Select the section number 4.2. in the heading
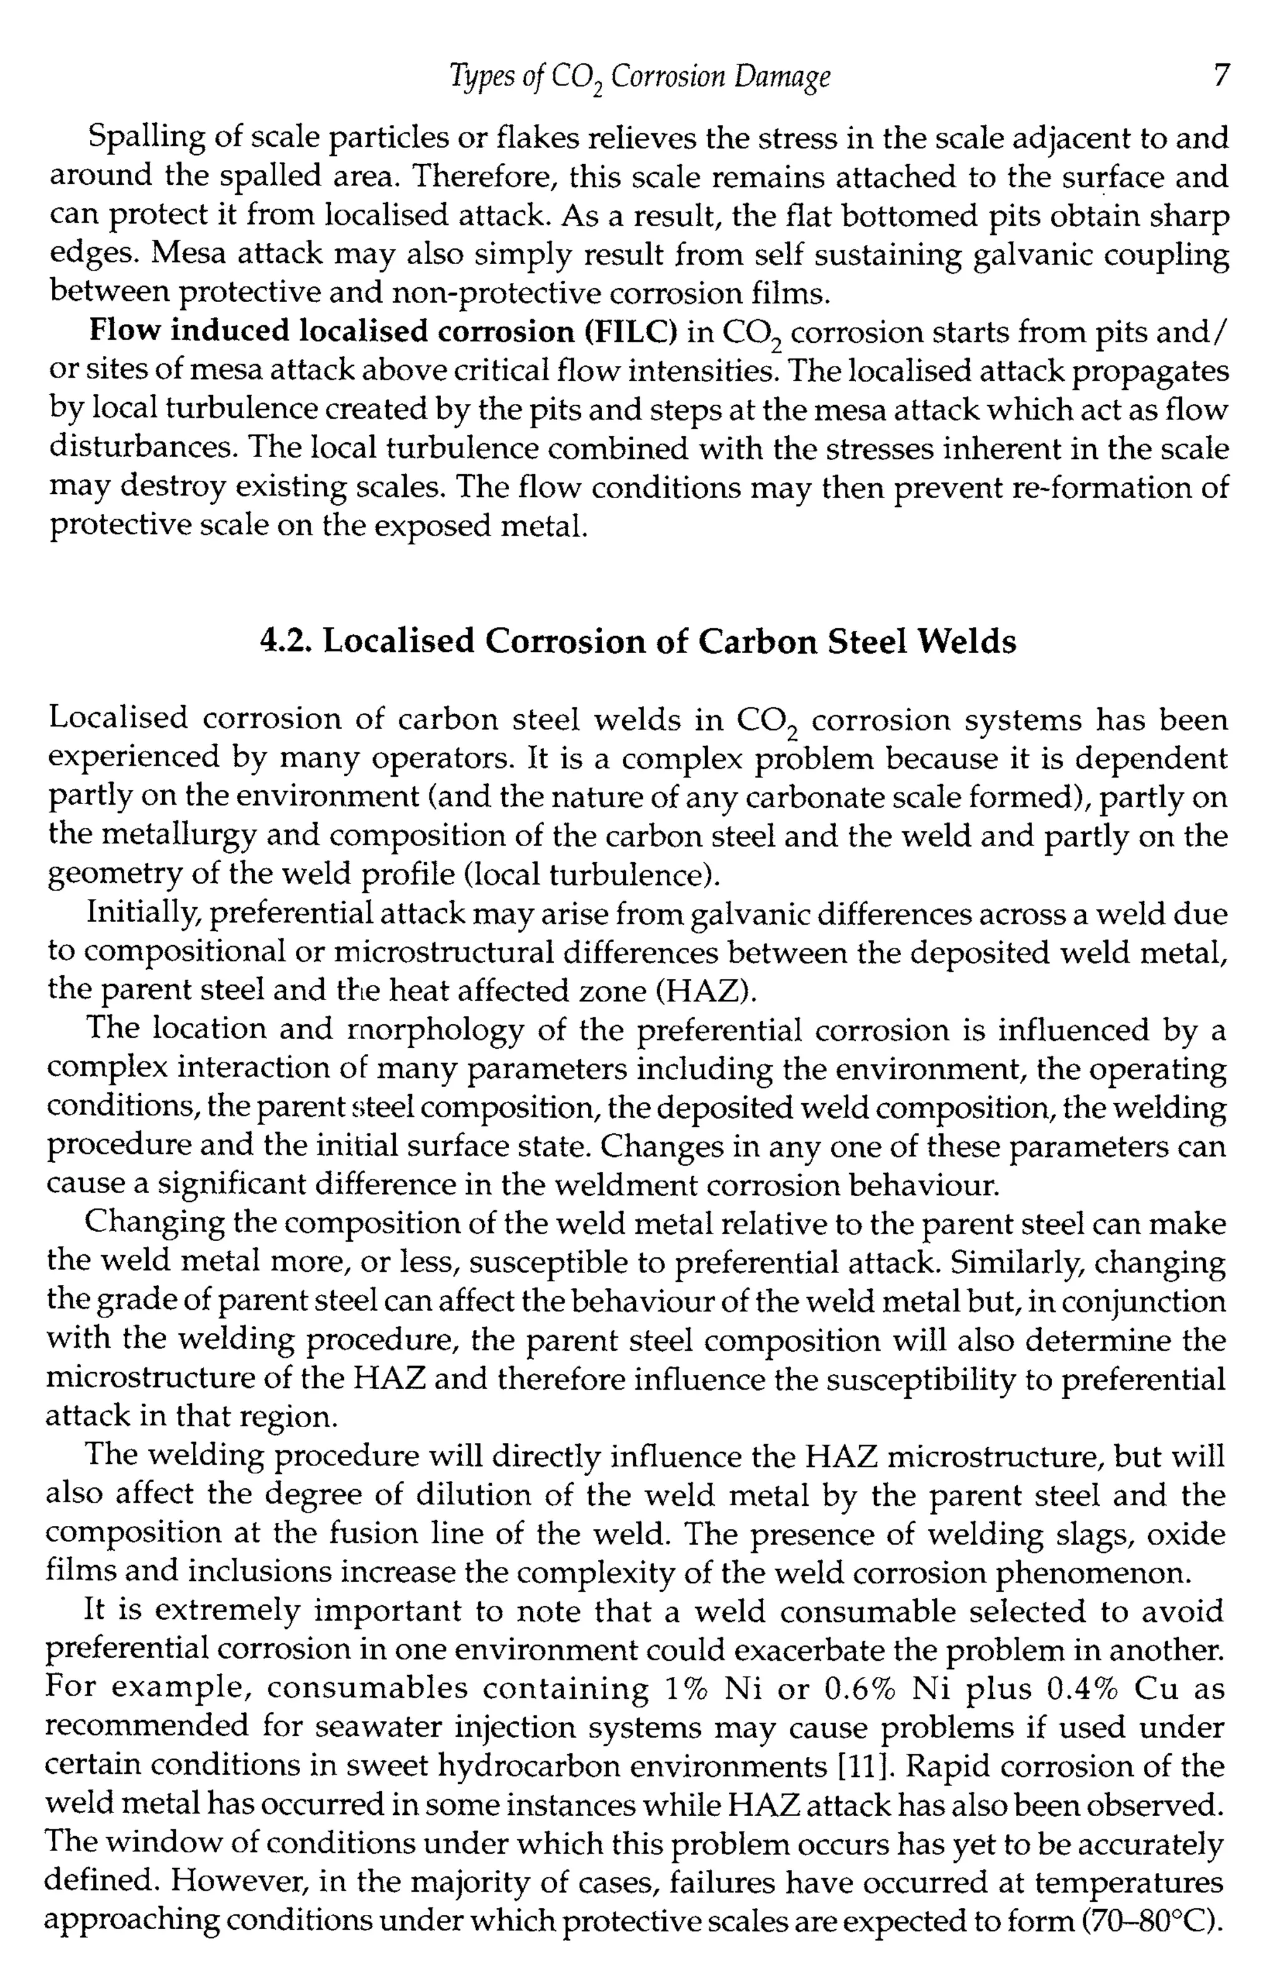point(286,641)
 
